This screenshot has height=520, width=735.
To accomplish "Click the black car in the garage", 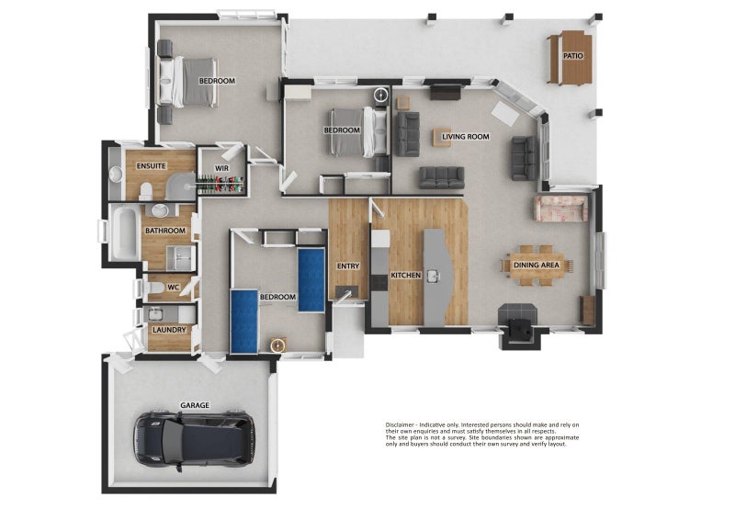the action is point(195,440).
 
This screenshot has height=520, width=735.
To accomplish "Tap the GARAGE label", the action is point(195,405).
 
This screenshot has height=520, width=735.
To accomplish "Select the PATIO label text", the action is point(572,56).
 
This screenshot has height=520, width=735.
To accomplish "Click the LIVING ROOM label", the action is point(466,137).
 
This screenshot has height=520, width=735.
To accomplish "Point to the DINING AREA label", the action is point(537,266).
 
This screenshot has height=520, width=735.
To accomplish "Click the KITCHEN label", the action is point(406,276).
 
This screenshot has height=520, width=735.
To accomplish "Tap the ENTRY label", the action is point(348,266).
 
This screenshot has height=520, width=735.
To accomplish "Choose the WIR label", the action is point(221,168).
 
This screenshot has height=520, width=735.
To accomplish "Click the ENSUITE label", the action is point(151,166).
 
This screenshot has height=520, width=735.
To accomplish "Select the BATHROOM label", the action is point(165,231).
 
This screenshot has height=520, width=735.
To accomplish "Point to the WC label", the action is point(173,287).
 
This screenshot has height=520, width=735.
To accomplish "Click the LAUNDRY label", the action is point(169,330).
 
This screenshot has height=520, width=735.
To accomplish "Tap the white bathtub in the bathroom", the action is point(126,233).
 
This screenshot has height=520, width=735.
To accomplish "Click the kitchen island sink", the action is point(433,277).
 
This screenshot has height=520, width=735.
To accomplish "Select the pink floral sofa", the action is point(560,209).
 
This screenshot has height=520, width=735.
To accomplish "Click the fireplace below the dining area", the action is point(520,326).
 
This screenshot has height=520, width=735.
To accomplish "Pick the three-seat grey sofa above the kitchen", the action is point(442,177).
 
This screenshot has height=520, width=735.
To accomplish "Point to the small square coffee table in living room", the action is point(442,138).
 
